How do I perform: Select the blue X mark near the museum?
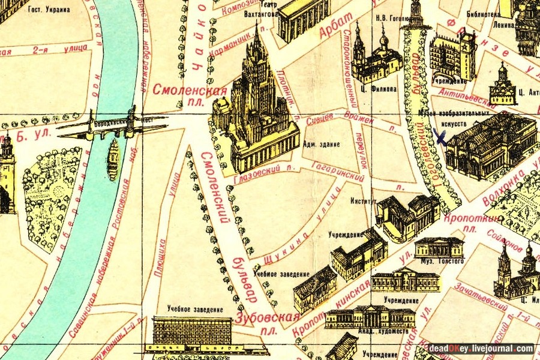440,138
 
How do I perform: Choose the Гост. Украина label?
47,10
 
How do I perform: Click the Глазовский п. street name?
263,170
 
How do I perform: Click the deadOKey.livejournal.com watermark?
481,349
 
